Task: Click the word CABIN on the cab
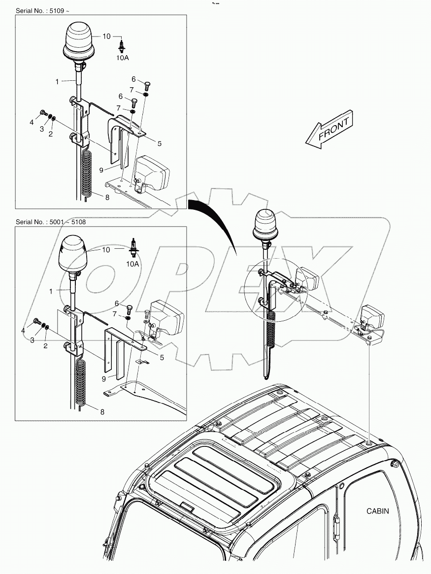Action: [x=377, y=511]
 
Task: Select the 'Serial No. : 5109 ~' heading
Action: [x=44, y=10]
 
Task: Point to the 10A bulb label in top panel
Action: [x=122, y=58]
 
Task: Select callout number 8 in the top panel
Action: [x=107, y=197]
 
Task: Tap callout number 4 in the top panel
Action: [x=31, y=122]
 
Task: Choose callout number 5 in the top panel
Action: [x=159, y=143]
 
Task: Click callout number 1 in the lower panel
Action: [x=50, y=292]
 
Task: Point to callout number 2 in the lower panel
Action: [x=45, y=346]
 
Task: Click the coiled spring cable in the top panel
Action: [x=87, y=172]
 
